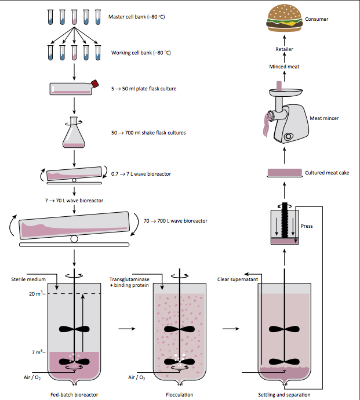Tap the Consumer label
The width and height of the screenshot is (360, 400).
click(x=317, y=19)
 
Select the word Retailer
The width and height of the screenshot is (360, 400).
click(x=284, y=50)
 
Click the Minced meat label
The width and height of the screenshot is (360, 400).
click(x=284, y=67)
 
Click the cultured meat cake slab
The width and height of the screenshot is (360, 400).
click(x=285, y=173)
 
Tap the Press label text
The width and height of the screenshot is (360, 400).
click(x=307, y=226)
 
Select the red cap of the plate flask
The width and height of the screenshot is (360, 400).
click(x=94, y=84)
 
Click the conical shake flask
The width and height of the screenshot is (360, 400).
click(x=74, y=133)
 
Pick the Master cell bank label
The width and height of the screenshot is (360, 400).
click(x=137, y=16)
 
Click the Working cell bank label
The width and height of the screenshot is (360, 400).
click(x=141, y=53)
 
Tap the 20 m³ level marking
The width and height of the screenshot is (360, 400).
click(x=36, y=294)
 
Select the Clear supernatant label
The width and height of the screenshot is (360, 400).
click(x=238, y=279)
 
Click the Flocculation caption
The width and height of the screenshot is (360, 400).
click(x=180, y=394)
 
